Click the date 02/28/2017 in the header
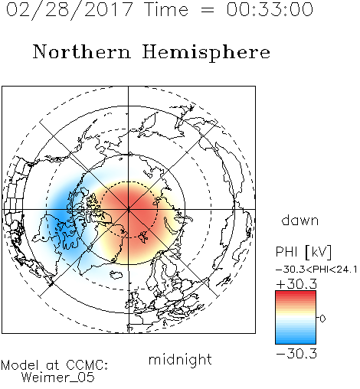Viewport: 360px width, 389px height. pos(69,10)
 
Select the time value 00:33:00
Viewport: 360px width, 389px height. pos(270,9)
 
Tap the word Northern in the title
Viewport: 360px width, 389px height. pos(82,51)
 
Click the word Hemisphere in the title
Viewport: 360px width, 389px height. pos(206,53)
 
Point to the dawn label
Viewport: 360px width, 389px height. pos(300,220)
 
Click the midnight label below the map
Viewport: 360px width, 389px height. pos(180,360)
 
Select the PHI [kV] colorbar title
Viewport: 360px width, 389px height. pos(303,252)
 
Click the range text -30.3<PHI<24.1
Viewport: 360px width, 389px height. pos(316,270)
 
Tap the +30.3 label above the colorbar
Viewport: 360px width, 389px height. pos(296,284)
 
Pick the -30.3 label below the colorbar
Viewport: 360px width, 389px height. pos(296,354)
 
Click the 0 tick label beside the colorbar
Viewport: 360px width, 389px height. pos(322,319)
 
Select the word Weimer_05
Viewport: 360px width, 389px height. pos(58,378)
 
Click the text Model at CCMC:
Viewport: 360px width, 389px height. pos(54,365)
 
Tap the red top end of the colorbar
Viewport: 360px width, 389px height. pos(296,293)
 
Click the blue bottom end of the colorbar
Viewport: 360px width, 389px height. pos(296,342)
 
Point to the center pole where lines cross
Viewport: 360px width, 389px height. pos(128,209)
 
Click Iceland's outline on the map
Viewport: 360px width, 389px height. pos(116,275)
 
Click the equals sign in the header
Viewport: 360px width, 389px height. pos(207,10)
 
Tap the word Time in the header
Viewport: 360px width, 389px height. pos(166,9)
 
